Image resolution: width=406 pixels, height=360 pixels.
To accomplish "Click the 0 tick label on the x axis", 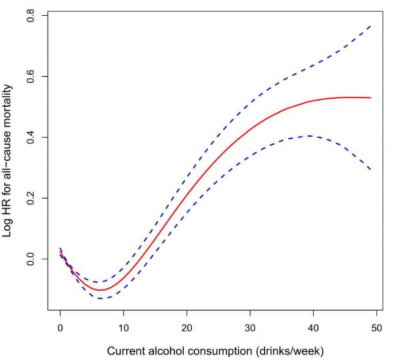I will [60, 328].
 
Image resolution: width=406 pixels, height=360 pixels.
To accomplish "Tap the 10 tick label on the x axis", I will [123, 328].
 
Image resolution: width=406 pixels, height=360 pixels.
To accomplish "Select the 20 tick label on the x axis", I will [187, 328].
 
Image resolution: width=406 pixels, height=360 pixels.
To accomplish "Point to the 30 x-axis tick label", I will [250, 328].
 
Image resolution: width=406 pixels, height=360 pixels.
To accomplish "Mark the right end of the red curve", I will [371, 98].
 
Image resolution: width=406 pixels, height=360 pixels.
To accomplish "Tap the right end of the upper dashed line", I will [371, 25].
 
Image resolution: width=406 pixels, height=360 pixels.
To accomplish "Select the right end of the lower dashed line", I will [371, 169].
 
